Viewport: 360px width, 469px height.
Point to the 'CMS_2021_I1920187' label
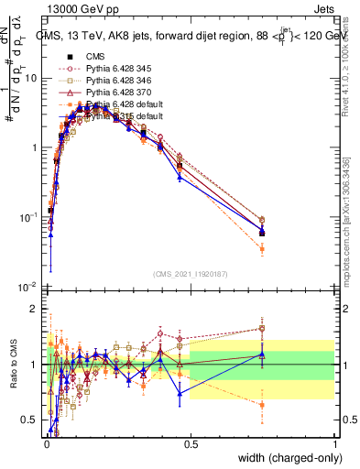point(190,274)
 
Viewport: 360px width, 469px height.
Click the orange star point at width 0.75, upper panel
point(262,248)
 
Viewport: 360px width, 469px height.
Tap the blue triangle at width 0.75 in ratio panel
point(262,354)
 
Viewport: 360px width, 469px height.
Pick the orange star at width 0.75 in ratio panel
point(262,404)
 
